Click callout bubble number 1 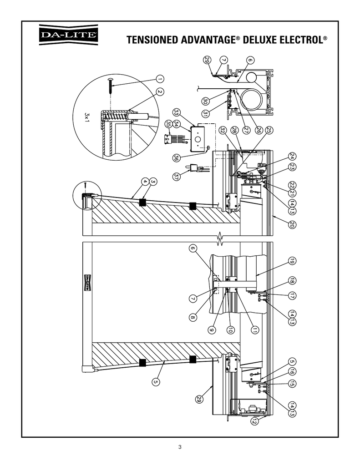162,79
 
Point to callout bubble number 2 160,91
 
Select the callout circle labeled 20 292,224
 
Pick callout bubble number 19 292,261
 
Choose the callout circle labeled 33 177,112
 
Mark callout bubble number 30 206,101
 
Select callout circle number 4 145,182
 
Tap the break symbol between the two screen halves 220,238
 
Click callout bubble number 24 292,156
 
